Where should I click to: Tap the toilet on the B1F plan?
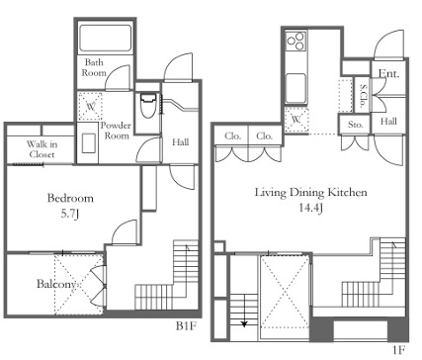(147, 106)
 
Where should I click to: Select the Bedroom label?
(70, 198)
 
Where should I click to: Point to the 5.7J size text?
(70, 214)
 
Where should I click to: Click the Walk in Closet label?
(42, 149)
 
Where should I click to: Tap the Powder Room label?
(116, 131)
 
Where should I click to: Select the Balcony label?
(56, 284)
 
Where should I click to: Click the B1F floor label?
(186, 326)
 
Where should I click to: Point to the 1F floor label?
(398, 350)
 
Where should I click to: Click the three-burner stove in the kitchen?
(296, 42)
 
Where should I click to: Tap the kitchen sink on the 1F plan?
(295, 88)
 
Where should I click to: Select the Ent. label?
(388, 73)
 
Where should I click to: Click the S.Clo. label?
(363, 96)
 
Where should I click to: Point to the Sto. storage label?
(356, 125)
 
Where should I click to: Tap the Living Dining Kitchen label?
(311, 192)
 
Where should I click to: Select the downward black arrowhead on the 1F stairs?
(244, 324)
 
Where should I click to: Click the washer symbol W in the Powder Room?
(90, 106)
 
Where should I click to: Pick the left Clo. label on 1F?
(232, 135)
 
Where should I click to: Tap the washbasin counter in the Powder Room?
(88, 142)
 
